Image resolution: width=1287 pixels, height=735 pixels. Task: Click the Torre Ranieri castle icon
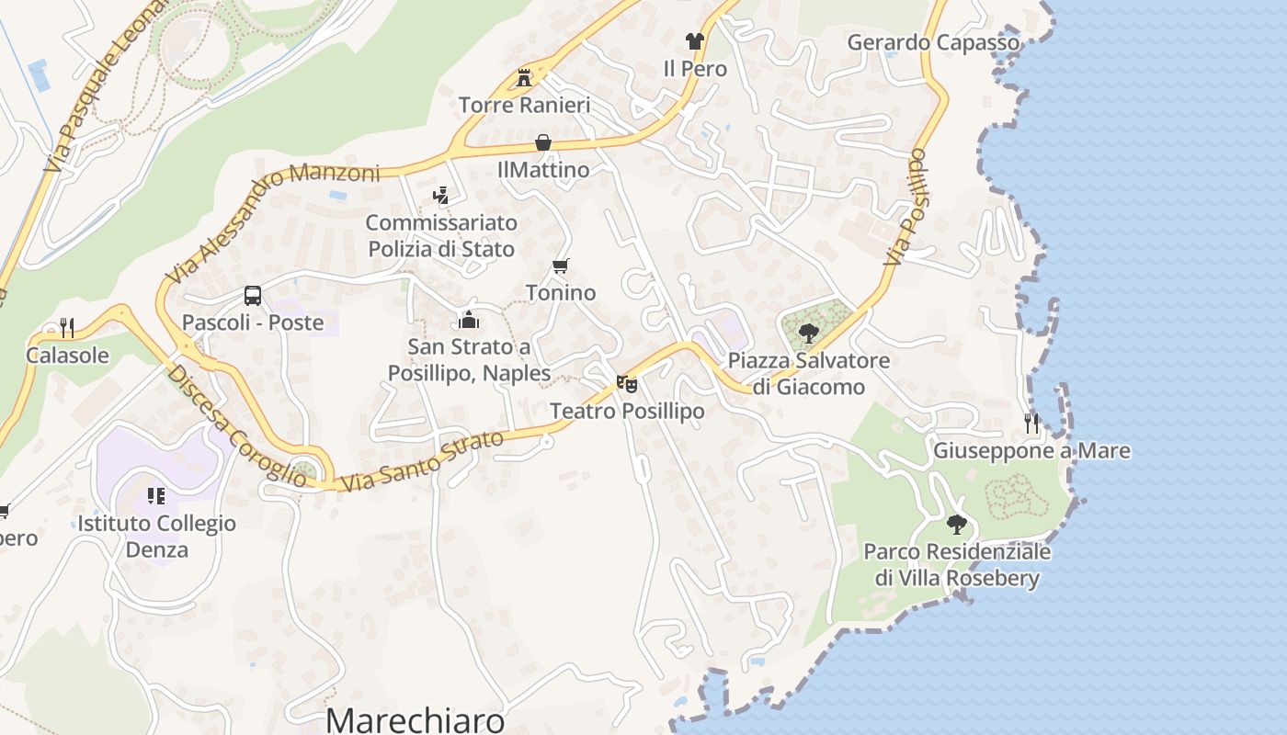point(524,77)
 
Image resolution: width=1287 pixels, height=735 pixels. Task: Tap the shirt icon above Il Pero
point(694,41)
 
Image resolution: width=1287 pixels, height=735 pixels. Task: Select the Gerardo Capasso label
point(933,42)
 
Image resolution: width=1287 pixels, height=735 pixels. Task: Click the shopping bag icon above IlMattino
point(543,142)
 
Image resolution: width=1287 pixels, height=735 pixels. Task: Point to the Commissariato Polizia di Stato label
point(441,235)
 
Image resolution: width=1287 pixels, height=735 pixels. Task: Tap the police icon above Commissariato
point(441,195)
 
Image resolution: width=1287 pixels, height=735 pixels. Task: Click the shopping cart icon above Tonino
point(560,266)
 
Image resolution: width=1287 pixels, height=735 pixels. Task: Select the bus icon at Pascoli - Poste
point(253,296)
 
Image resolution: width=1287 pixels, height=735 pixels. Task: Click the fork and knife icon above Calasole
point(67,327)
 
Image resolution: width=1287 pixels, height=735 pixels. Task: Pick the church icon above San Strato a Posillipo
point(469,321)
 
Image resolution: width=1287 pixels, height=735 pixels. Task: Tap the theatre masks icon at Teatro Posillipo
point(627,383)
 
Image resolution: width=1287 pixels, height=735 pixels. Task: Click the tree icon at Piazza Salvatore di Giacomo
point(809,333)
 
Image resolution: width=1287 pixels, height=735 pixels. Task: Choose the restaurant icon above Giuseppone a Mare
point(1031,423)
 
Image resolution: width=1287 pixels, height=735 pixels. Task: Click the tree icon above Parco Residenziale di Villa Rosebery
point(957,525)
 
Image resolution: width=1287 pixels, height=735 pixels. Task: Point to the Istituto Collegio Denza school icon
point(156,496)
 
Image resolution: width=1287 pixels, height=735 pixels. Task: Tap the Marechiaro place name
point(416,719)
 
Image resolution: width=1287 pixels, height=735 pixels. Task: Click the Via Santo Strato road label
point(422,460)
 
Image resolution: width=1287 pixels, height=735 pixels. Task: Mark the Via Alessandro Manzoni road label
point(273,222)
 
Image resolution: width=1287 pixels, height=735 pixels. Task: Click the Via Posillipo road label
point(905,208)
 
